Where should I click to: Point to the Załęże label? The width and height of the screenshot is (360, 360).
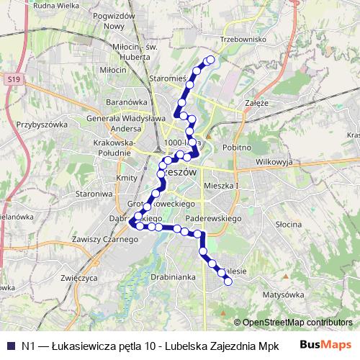256,103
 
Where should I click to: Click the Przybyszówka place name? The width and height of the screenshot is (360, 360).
37,124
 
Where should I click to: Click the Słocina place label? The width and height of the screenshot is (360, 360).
287,225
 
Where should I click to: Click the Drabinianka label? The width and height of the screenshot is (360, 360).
174,276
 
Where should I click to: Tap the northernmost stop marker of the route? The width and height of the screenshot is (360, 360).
211,60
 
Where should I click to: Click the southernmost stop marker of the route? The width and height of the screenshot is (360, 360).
228,282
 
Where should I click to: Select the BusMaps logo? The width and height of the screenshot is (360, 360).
325,346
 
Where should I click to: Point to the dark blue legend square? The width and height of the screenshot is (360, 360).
9,346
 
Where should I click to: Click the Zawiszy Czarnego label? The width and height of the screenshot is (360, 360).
100,239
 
